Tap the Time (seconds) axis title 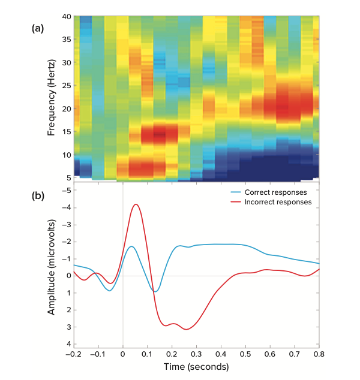tap(196, 366)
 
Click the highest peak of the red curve tap(136, 204)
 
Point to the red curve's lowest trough tap(187, 329)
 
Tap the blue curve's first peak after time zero tap(131, 246)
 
